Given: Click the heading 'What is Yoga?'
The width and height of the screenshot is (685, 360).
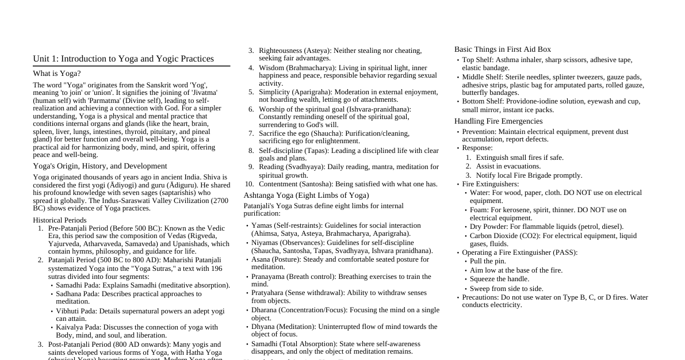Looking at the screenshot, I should coord(57,74).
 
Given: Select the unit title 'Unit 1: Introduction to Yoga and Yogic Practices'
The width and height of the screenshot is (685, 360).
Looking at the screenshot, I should coord(123,59).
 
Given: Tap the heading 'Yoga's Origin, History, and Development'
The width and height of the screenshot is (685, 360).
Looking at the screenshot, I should coord(100,166).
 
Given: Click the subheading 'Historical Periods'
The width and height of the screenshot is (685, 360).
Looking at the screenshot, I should coord(60,220).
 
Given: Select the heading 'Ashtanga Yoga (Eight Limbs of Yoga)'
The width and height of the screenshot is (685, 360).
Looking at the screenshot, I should coord(306,196).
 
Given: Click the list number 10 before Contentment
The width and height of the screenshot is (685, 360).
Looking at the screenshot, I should coord(249,184).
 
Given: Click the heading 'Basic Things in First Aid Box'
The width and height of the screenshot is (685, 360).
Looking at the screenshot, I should coord(503,49).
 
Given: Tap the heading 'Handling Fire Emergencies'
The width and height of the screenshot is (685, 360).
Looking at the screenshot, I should coord(498,121).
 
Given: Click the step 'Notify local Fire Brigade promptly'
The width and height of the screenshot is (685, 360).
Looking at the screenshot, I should coord(529,175).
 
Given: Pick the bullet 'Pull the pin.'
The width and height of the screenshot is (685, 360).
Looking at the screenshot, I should coord(489,261).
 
